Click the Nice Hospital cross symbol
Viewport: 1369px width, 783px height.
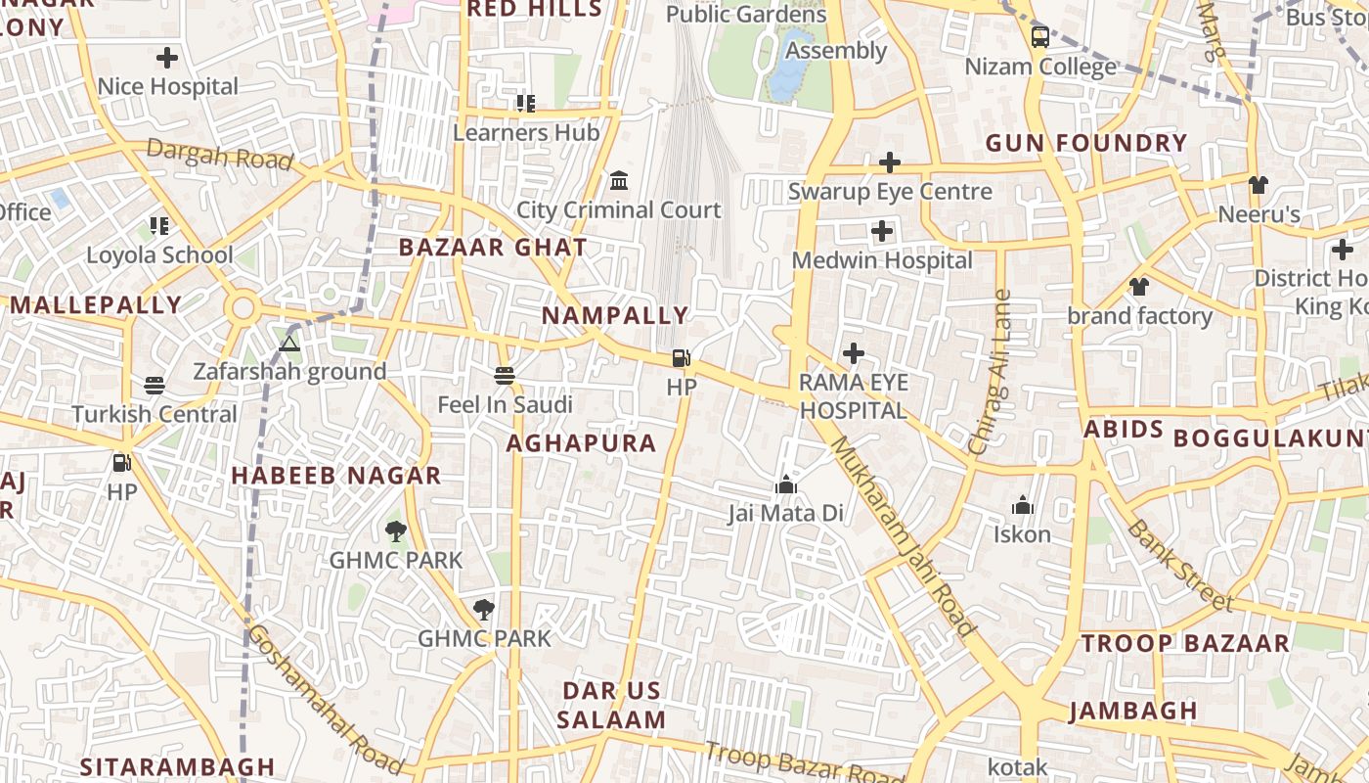(x=167, y=58)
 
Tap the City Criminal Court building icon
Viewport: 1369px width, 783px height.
(x=619, y=181)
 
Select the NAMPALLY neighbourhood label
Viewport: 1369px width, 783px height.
(x=615, y=316)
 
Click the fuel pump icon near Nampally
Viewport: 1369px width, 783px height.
(x=682, y=358)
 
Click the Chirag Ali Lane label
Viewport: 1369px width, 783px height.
(x=990, y=372)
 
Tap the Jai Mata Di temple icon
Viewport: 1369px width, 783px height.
(x=785, y=484)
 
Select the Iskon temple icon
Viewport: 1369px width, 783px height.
(x=1022, y=505)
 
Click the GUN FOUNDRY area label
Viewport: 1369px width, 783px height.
(x=1085, y=143)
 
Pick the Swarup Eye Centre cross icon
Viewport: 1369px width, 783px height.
(x=890, y=162)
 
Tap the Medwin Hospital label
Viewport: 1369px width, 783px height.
(x=882, y=260)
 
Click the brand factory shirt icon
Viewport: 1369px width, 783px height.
(x=1139, y=287)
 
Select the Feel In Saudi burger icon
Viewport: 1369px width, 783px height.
(x=505, y=376)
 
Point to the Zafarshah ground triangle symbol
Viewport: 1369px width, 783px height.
(x=288, y=344)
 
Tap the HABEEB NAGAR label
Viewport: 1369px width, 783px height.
(x=335, y=476)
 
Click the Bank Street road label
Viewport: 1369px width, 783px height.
(x=1179, y=566)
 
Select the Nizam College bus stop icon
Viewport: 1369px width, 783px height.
(x=1040, y=37)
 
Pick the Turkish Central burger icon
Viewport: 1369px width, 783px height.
(x=155, y=385)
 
